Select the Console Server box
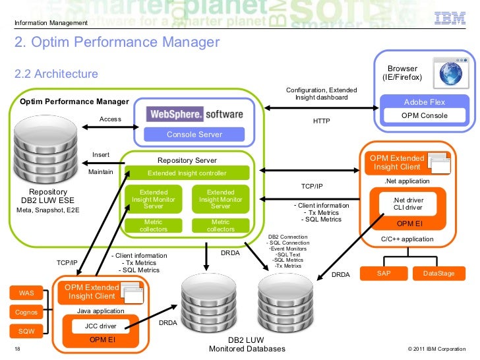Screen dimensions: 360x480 point(195,135)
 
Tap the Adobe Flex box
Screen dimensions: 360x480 point(425,102)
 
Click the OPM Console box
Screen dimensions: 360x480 point(425,116)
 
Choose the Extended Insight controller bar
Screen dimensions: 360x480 point(187,173)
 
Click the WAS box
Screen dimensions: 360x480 point(26,292)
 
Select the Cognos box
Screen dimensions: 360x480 point(26,312)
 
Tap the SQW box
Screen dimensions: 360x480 point(26,331)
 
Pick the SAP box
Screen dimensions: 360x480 point(383,273)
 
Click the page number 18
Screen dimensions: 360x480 point(17,349)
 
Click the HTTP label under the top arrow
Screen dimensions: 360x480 point(321,122)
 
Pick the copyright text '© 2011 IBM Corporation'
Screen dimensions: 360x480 point(436,349)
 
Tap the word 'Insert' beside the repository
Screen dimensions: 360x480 point(101,155)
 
